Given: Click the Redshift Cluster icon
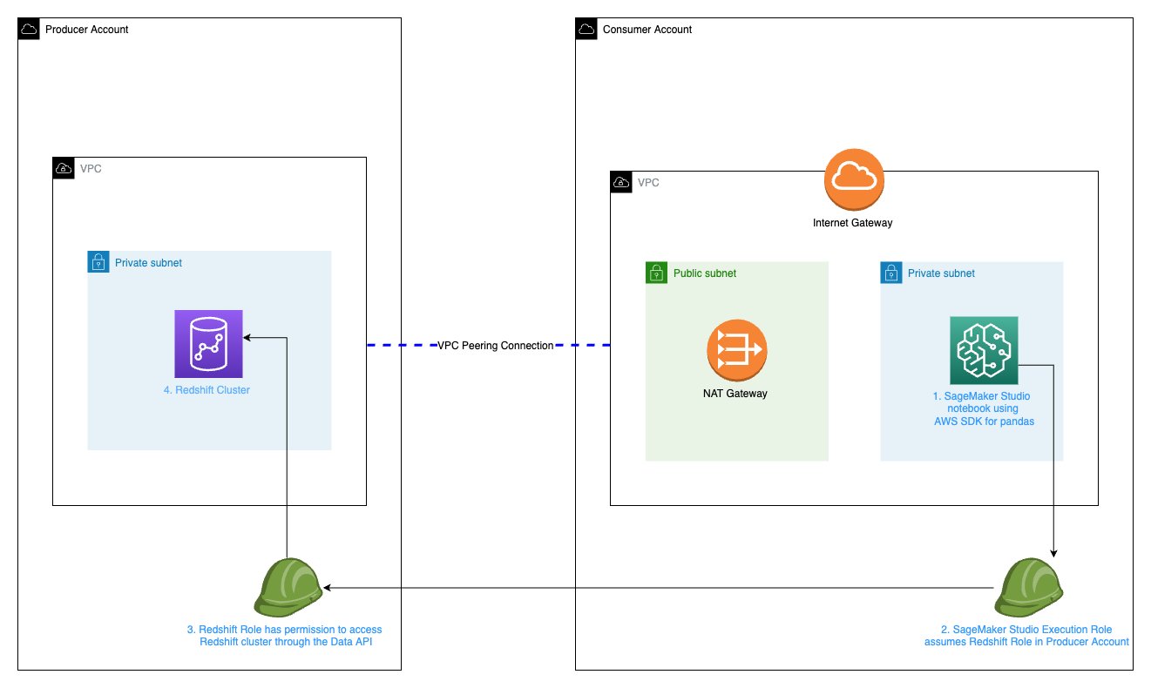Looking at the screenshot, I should click(208, 344).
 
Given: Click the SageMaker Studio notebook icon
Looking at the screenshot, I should click(984, 350).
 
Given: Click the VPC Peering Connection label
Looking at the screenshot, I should click(495, 346).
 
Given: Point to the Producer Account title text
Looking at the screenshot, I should click(86, 30).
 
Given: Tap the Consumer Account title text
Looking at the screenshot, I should click(647, 30).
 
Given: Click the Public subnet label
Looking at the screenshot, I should click(704, 273).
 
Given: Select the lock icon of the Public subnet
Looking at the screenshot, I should click(655, 273).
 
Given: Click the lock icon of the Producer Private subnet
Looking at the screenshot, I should click(98, 261).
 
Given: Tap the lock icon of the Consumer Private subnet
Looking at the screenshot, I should click(890, 273).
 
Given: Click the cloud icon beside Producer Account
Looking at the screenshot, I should click(28, 29).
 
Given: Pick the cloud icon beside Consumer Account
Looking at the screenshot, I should click(586, 29).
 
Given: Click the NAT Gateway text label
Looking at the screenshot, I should click(735, 394).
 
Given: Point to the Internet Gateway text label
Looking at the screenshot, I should click(852, 223).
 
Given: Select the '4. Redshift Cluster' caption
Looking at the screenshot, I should click(207, 390).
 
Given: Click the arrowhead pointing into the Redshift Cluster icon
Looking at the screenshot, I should click(248, 335).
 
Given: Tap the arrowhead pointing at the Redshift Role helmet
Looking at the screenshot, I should click(328, 588).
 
